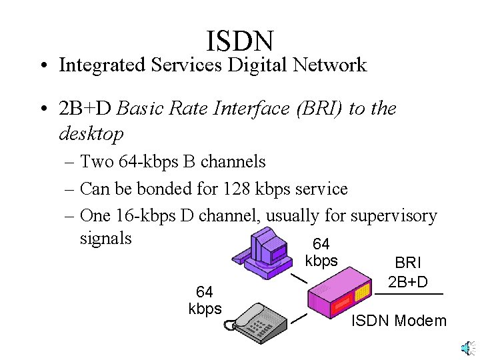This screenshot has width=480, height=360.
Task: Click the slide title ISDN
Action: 240,41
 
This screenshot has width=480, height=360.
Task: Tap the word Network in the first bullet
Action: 331,65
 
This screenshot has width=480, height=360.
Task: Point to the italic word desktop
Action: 91,135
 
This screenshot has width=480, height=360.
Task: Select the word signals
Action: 106,238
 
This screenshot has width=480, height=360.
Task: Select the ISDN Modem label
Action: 399,321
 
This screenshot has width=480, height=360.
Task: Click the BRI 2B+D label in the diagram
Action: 408,272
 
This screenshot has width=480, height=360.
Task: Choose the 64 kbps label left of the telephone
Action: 205,301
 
